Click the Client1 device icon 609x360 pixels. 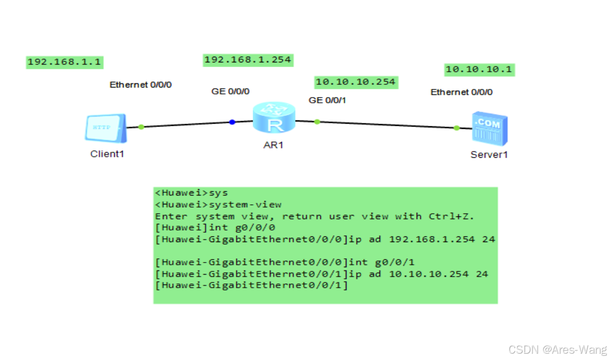point(105,128)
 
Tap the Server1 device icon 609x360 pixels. point(488,128)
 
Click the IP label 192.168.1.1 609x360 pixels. point(64,62)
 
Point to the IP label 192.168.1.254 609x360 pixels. point(247,60)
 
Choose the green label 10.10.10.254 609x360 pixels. point(355,82)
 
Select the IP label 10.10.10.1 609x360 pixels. point(479,69)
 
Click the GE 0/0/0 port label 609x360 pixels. point(231,91)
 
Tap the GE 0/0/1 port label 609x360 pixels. point(328,100)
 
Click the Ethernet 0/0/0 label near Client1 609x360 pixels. point(140,84)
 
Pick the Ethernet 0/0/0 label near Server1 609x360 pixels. point(461,92)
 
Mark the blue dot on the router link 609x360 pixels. point(232,122)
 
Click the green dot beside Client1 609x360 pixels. point(141,127)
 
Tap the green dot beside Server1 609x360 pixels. point(456,128)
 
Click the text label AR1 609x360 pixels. point(273,145)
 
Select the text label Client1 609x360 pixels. point(107,154)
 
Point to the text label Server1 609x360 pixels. point(488,155)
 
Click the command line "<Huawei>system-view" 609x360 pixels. point(218,204)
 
